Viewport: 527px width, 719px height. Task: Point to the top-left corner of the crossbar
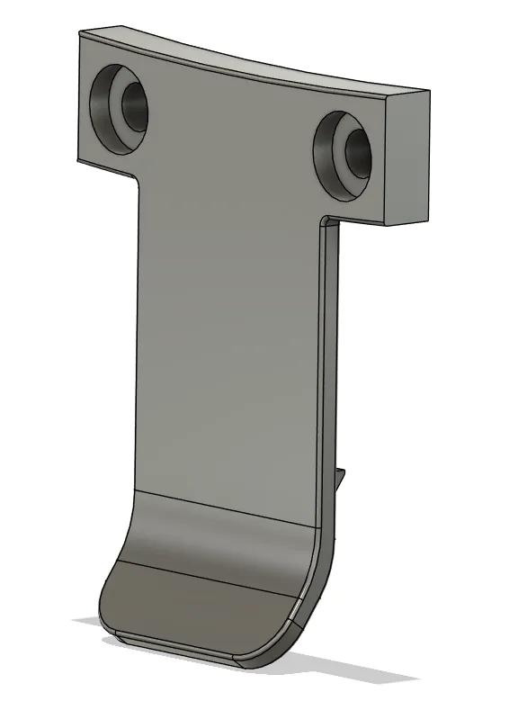80,33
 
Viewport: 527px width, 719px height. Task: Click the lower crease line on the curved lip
207,576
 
